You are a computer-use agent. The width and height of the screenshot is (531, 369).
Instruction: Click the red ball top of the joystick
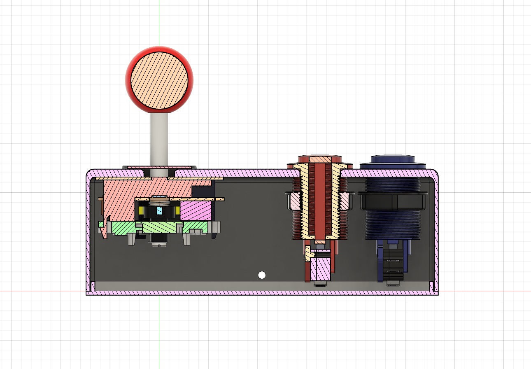click(x=159, y=79)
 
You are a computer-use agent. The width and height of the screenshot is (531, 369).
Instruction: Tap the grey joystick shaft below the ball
click(x=159, y=140)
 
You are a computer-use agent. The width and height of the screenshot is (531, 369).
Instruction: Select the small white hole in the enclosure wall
click(x=261, y=275)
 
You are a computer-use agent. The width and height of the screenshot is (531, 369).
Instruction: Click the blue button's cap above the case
click(x=393, y=160)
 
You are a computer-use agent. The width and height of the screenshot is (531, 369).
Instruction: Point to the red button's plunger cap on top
click(x=319, y=159)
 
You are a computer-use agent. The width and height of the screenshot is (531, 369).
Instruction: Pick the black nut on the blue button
click(x=392, y=202)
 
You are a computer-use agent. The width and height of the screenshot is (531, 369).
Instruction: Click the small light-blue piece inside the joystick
click(x=159, y=211)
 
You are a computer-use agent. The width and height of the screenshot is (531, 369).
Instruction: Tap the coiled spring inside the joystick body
click(x=159, y=201)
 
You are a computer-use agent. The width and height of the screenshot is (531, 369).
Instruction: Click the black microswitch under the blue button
click(x=393, y=264)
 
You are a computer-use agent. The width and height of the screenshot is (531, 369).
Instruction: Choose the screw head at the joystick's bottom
click(x=159, y=245)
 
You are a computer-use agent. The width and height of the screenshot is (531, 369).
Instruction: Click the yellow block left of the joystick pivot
click(x=142, y=211)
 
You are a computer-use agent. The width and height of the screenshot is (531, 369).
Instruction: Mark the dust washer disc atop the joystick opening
click(x=159, y=167)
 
